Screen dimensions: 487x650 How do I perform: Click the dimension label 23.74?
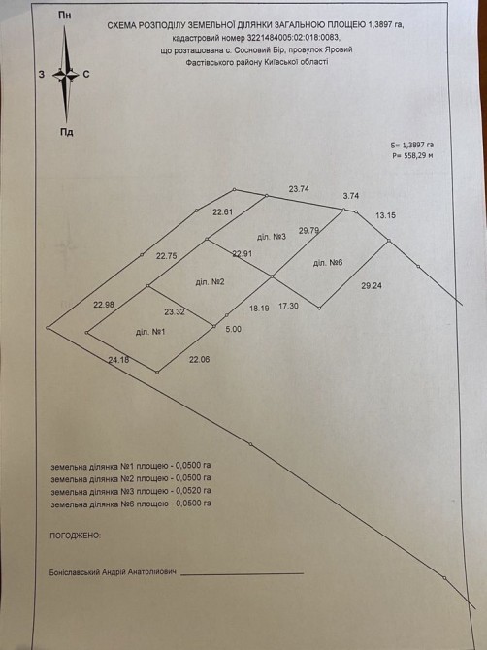point(299,189)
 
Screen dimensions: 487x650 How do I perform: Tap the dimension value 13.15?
point(385,215)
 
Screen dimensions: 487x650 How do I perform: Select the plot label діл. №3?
point(272,237)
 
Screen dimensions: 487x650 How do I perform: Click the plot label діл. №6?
point(328,263)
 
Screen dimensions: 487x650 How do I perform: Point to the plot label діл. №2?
point(210,282)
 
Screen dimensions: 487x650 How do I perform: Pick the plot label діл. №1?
point(150,332)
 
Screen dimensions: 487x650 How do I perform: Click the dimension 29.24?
point(372,285)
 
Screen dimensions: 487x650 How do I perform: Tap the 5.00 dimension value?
point(233,329)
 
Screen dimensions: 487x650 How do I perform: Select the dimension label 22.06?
point(199,359)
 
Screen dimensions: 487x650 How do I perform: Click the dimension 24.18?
point(118,360)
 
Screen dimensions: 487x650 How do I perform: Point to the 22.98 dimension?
point(104,305)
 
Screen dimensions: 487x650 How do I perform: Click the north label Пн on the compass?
point(65,16)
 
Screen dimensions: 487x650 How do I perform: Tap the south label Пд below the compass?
point(66,132)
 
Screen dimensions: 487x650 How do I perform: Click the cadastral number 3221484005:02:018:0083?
point(293,37)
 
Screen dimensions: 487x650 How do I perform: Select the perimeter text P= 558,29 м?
point(412,156)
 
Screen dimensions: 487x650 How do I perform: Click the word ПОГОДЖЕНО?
point(75,536)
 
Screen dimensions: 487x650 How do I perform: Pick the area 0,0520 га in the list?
point(194,490)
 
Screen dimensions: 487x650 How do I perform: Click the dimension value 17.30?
point(288,306)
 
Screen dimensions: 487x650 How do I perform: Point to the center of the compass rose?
point(66,75)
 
